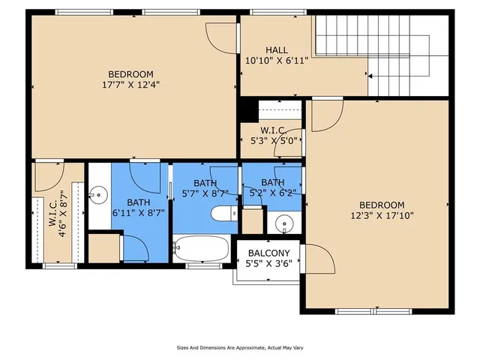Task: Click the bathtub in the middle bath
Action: (201, 249)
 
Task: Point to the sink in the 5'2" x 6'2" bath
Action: (283, 223)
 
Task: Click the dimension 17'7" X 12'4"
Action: (130, 84)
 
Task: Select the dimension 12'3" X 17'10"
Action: (381, 215)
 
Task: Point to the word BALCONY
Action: (268, 253)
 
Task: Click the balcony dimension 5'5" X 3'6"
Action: (268, 262)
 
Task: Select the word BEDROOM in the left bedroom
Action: (130, 74)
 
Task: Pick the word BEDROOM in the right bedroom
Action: (381, 205)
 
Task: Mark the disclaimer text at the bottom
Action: (239, 348)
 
